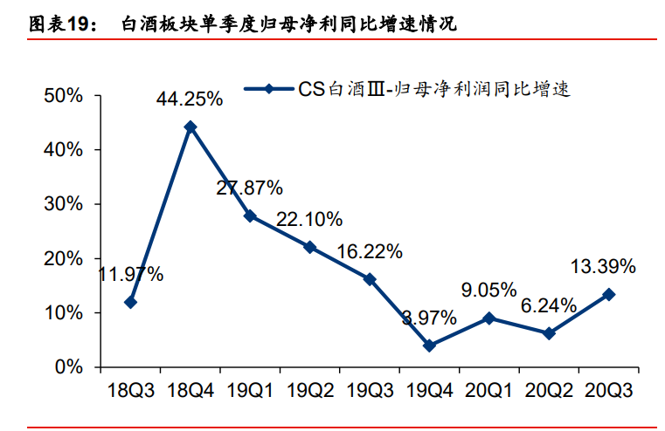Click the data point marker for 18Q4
(190, 127)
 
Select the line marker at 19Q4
(429, 345)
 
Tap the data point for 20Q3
(609, 294)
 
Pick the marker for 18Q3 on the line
(130, 302)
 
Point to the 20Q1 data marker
(489, 318)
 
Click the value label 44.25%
(190, 99)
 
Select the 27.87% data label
(250, 188)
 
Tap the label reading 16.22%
(370, 252)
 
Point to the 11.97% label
(131, 275)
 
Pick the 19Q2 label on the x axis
(309, 389)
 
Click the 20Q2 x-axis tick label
(549, 389)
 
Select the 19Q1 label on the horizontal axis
(250, 389)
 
